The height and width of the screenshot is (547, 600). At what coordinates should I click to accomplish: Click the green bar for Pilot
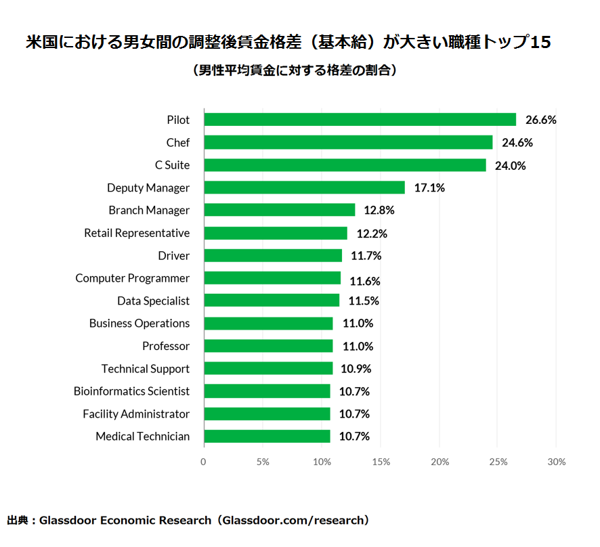(x=360, y=120)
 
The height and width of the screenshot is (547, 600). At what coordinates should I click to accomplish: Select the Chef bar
(x=348, y=142)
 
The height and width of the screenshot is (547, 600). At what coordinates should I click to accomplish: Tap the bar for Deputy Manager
(x=304, y=188)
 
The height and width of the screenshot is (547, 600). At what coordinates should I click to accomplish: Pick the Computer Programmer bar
(x=272, y=278)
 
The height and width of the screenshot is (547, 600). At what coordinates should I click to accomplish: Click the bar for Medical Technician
(x=267, y=437)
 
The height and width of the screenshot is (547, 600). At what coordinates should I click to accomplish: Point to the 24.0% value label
(x=511, y=165)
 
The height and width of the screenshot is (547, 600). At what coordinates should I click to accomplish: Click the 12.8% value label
(x=379, y=211)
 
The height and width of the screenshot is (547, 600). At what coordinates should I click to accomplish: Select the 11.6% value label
(x=365, y=281)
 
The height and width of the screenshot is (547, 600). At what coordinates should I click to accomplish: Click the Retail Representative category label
(x=137, y=233)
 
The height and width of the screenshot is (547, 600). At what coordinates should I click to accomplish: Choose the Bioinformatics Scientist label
(x=131, y=391)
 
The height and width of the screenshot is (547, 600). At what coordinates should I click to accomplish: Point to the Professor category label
(x=166, y=346)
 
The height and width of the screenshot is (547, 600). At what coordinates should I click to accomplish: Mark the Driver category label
(x=174, y=256)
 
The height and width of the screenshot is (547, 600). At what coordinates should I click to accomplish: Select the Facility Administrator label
(x=136, y=414)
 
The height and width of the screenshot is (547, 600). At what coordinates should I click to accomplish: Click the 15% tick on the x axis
(x=381, y=462)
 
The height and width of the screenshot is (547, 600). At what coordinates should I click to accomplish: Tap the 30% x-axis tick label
(x=557, y=462)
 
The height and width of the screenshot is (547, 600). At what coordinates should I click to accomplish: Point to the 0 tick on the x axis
(x=203, y=462)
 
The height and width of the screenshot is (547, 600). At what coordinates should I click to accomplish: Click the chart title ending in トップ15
(x=288, y=43)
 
